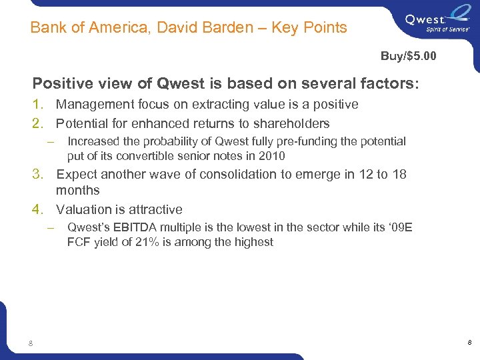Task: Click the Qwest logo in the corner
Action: coord(439,21)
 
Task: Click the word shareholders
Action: coord(291,123)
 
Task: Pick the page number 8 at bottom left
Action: coord(31,343)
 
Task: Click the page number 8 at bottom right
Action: coord(469,343)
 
